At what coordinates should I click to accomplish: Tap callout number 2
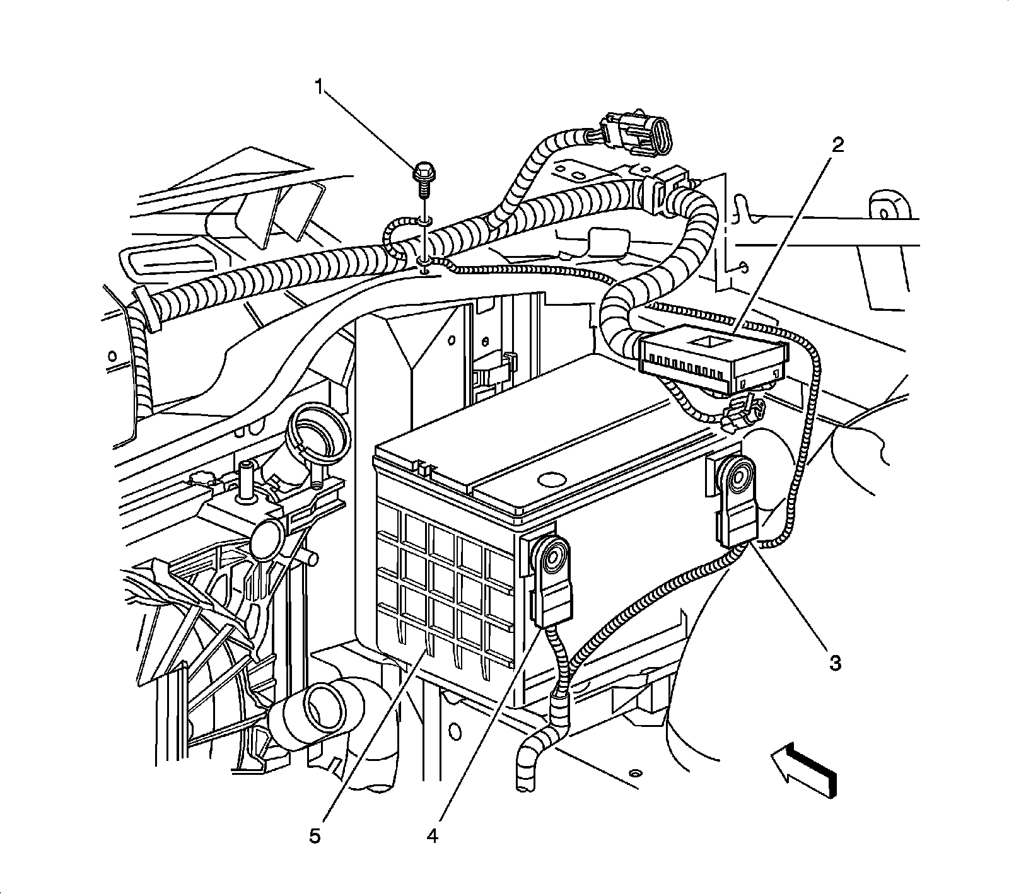tap(837, 146)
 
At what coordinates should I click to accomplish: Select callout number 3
tap(834, 663)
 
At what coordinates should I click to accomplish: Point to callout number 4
tap(431, 836)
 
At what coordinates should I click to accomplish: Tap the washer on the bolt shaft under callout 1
tap(424, 221)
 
